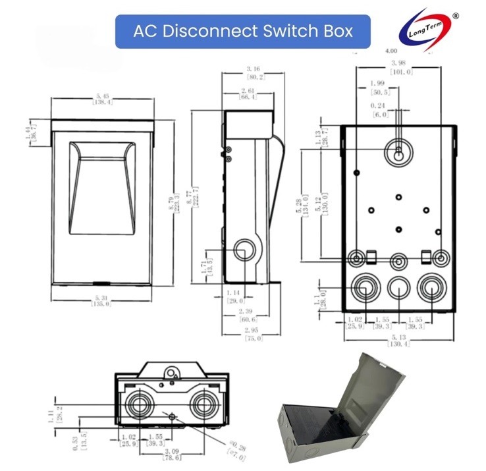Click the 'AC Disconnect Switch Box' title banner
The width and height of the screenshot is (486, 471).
pos(243,31)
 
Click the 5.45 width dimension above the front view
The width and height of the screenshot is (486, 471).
pos(102,100)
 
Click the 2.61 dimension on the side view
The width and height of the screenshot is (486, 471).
pos(248,94)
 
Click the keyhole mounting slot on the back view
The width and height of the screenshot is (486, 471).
pos(400,150)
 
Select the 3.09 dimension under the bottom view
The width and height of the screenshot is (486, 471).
pos(173,453)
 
